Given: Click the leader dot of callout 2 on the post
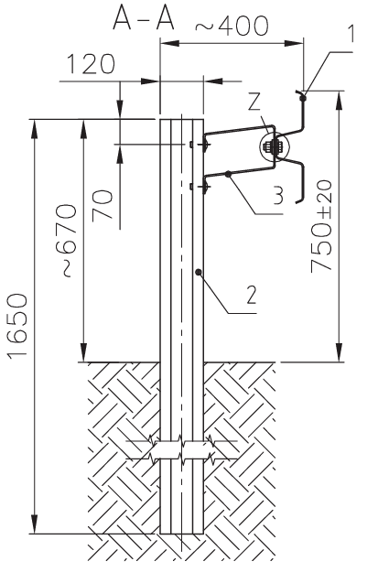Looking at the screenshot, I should [x=199, y=270].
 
